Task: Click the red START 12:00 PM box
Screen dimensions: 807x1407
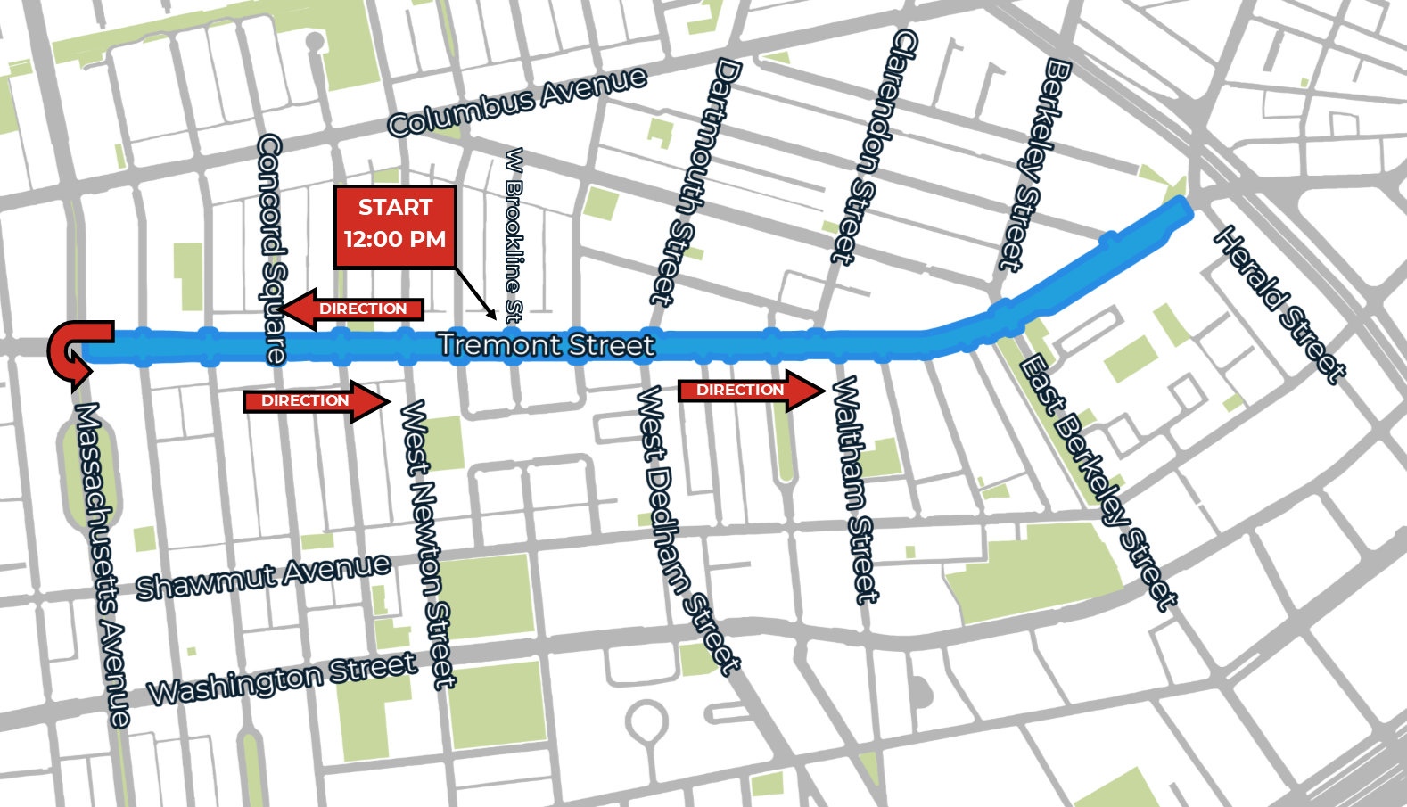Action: pos(395,226)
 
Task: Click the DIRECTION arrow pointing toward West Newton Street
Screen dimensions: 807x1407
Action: pos(317,401)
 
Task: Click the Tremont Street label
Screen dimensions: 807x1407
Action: pos(546,345)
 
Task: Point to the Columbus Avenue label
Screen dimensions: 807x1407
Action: pos(517,102)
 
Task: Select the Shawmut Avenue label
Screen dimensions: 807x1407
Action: pos(263,576)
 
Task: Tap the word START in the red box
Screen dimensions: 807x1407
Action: pos(395,208)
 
